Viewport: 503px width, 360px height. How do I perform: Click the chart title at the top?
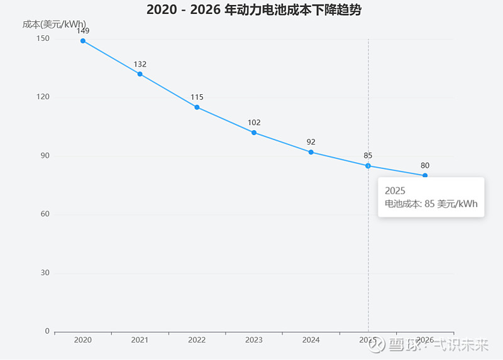(254, 9)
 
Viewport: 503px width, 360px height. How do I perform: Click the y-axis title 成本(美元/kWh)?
(54, 24)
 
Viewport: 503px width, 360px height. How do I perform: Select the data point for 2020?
(83, 41)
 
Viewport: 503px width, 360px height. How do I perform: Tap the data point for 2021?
(140, 74)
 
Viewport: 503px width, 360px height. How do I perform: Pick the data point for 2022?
(197, 107)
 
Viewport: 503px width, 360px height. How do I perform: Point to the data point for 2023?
(254, 133)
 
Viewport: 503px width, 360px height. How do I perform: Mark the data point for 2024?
(311, 152)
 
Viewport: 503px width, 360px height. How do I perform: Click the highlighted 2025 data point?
(368, 166)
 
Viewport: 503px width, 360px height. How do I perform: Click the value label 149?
(83, 31)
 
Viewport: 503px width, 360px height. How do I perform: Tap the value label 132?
(140, 64)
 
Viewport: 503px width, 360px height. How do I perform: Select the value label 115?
(197, 97)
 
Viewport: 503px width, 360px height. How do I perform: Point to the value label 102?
(254, 123)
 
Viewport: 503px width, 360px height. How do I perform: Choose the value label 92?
(311, 142)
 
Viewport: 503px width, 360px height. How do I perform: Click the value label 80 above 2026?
(425, 165)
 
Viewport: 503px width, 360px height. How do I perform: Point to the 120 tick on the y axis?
(43, 97)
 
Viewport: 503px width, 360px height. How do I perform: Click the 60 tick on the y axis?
(45, 214)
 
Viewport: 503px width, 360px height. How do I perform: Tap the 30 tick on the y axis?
(45, 273)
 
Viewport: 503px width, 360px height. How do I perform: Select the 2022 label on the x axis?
(197, 340)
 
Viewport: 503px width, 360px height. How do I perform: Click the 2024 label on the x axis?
(311, 340)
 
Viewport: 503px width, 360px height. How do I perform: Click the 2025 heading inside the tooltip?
(395, 191)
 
